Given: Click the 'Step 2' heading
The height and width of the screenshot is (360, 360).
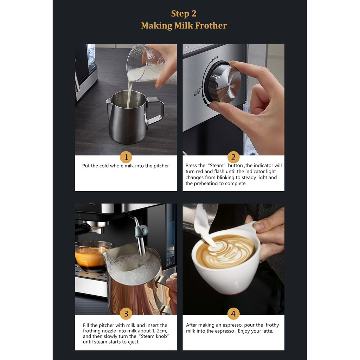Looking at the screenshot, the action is click(184, 14).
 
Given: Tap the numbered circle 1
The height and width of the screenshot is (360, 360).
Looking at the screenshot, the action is click(126, 157).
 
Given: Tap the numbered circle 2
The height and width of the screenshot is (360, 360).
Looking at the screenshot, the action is click(233, 157).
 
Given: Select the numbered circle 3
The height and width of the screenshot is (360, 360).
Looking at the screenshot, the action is click(126, 314).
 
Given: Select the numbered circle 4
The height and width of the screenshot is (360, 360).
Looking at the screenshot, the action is click(233, 314).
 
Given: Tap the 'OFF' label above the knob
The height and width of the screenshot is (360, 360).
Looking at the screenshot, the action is click(216, 58).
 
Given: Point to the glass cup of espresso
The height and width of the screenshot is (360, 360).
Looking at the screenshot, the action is click(92, 256).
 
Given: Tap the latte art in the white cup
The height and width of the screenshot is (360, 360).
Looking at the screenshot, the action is click(226, 251).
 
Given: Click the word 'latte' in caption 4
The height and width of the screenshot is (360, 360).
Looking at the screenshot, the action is click(267, 331).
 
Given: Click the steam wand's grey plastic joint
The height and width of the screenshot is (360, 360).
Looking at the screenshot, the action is click(142, 231).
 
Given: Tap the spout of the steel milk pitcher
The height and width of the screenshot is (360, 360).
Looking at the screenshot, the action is click(108, 100).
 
